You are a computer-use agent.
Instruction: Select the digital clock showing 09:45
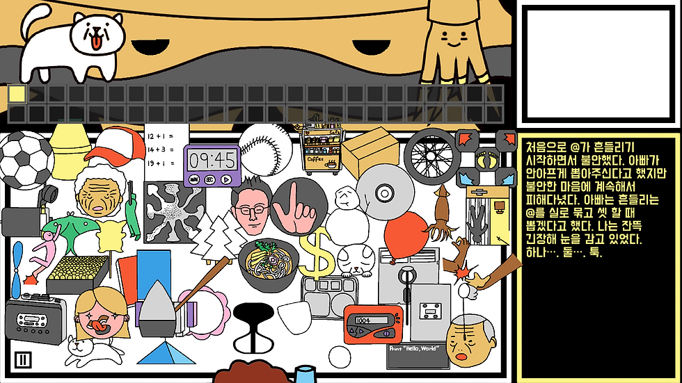point(212,165)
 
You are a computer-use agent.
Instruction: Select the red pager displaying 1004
point(372,324)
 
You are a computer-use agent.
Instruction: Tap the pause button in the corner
point(23,359)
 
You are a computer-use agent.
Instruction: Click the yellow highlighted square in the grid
point(17,94)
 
